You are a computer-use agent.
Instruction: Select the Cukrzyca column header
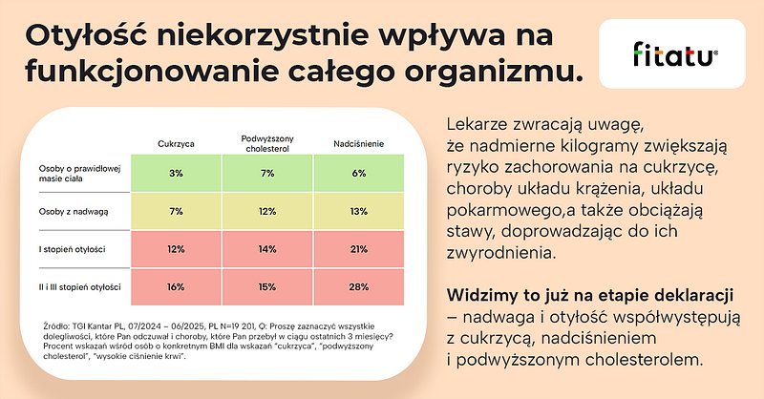coord(176,143)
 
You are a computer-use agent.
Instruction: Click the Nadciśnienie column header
coord(359,143)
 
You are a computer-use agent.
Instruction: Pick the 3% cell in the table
coord(176,173)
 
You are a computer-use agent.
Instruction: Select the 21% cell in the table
coord(359,249)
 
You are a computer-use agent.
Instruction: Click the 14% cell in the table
coord(266,249)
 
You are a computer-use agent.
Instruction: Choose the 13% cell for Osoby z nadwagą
coord(359,211)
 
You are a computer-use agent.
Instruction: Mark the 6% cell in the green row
coord(359,173)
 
